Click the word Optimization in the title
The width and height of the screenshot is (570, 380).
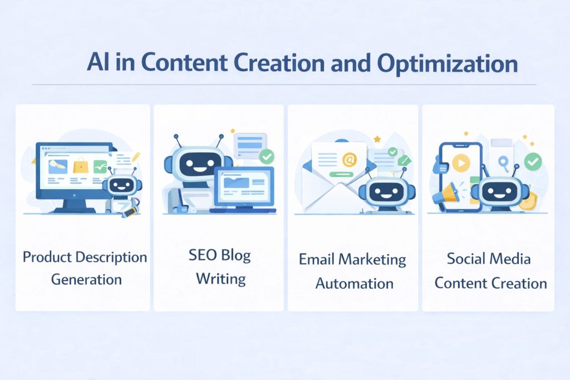(447, 64)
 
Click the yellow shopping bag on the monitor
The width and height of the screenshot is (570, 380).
(81, 165)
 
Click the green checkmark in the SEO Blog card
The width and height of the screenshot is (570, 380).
(267, 156)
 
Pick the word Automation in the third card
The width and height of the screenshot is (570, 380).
(354, 283)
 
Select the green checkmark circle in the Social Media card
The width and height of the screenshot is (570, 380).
(533, 161)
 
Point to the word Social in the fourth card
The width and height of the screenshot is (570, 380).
(466, 259)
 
